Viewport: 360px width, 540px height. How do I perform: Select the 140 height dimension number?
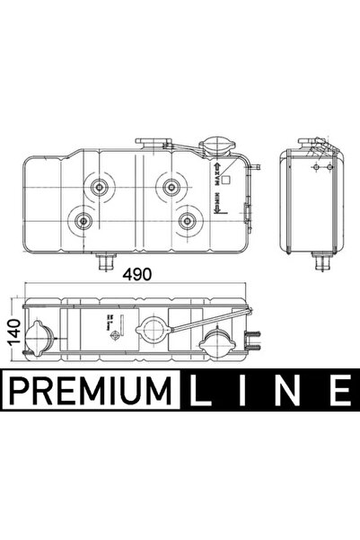tap(12, 332)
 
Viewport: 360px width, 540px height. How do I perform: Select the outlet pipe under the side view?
tap(319, 263)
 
